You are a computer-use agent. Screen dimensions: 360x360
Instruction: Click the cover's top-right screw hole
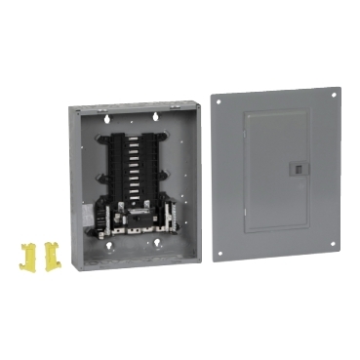[x=335, y=96]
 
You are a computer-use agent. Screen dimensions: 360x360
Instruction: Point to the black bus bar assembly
[x=138, y=161]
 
